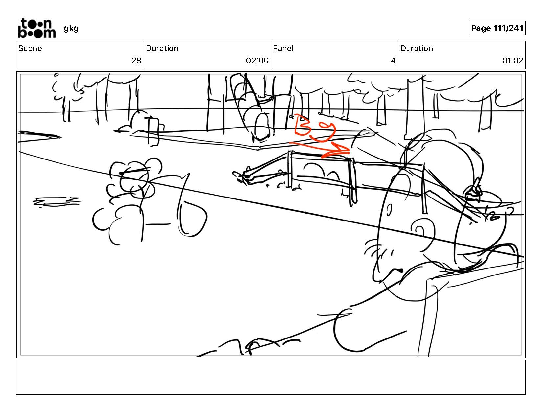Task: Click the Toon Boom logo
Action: [37, 28]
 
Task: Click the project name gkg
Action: [71, 29]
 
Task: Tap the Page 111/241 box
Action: [497, 28]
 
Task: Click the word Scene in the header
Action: [30, 48]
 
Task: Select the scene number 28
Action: [136, 60]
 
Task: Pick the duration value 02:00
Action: [257, 60]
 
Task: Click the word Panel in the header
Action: [283, 48]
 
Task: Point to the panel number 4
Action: [393, 60]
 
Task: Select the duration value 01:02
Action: [512, 60]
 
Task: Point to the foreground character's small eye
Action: [389, 210]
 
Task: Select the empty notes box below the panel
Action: [271, 377]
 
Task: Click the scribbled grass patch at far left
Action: [57, 202]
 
